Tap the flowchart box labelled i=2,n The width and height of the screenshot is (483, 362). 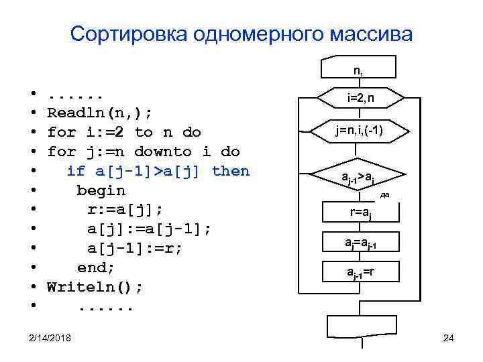tap(361, 99)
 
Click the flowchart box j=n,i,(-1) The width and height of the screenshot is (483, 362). tap(361, 130)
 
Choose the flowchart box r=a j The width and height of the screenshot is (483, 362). tap(361, 213)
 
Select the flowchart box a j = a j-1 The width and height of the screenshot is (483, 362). tap(361, 241)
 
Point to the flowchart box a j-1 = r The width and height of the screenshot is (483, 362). tap(361, 271)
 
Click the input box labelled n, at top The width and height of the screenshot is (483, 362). tap(361, 69)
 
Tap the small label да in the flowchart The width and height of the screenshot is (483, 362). tap(384, 195)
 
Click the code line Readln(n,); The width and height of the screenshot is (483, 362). tap(99, 112)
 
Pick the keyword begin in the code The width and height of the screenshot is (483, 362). tap(101, 191)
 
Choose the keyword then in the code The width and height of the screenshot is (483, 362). tap(230, 171)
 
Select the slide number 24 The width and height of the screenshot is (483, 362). tap(449, 337)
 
